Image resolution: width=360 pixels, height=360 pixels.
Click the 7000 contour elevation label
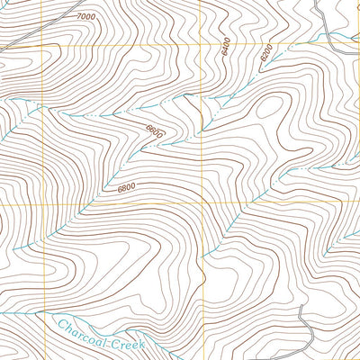85,17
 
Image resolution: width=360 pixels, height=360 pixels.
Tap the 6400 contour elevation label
225,48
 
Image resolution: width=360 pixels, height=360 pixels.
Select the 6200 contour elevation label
266,53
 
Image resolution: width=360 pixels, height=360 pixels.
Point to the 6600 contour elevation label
154,131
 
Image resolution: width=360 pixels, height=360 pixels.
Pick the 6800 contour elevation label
125,187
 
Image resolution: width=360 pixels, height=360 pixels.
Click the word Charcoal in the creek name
81,328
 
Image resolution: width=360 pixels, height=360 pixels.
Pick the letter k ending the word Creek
144,347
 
